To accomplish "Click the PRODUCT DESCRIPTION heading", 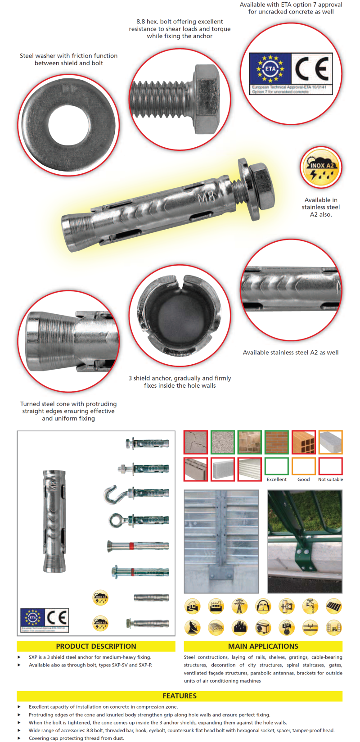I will [x=96, y=646].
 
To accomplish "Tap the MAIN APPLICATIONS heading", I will [x=263, y=646].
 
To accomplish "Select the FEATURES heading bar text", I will [x=180, y=696].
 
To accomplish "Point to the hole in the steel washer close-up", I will [x=68, y=124].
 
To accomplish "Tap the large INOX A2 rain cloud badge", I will [x=321, y=167].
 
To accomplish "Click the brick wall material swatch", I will [x=276, y=442].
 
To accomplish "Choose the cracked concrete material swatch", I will [x=196, y=442].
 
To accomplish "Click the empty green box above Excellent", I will [x=276, y=466].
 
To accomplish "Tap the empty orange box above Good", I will [x=303, y=466].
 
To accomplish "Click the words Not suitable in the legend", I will [x=330, y=480].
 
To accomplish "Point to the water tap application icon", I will [x=310, y=606].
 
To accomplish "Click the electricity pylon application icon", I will [x=239, y=606].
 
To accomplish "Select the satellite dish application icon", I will [x=193, y=627].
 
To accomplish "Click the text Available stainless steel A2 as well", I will [x=291, y=353].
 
